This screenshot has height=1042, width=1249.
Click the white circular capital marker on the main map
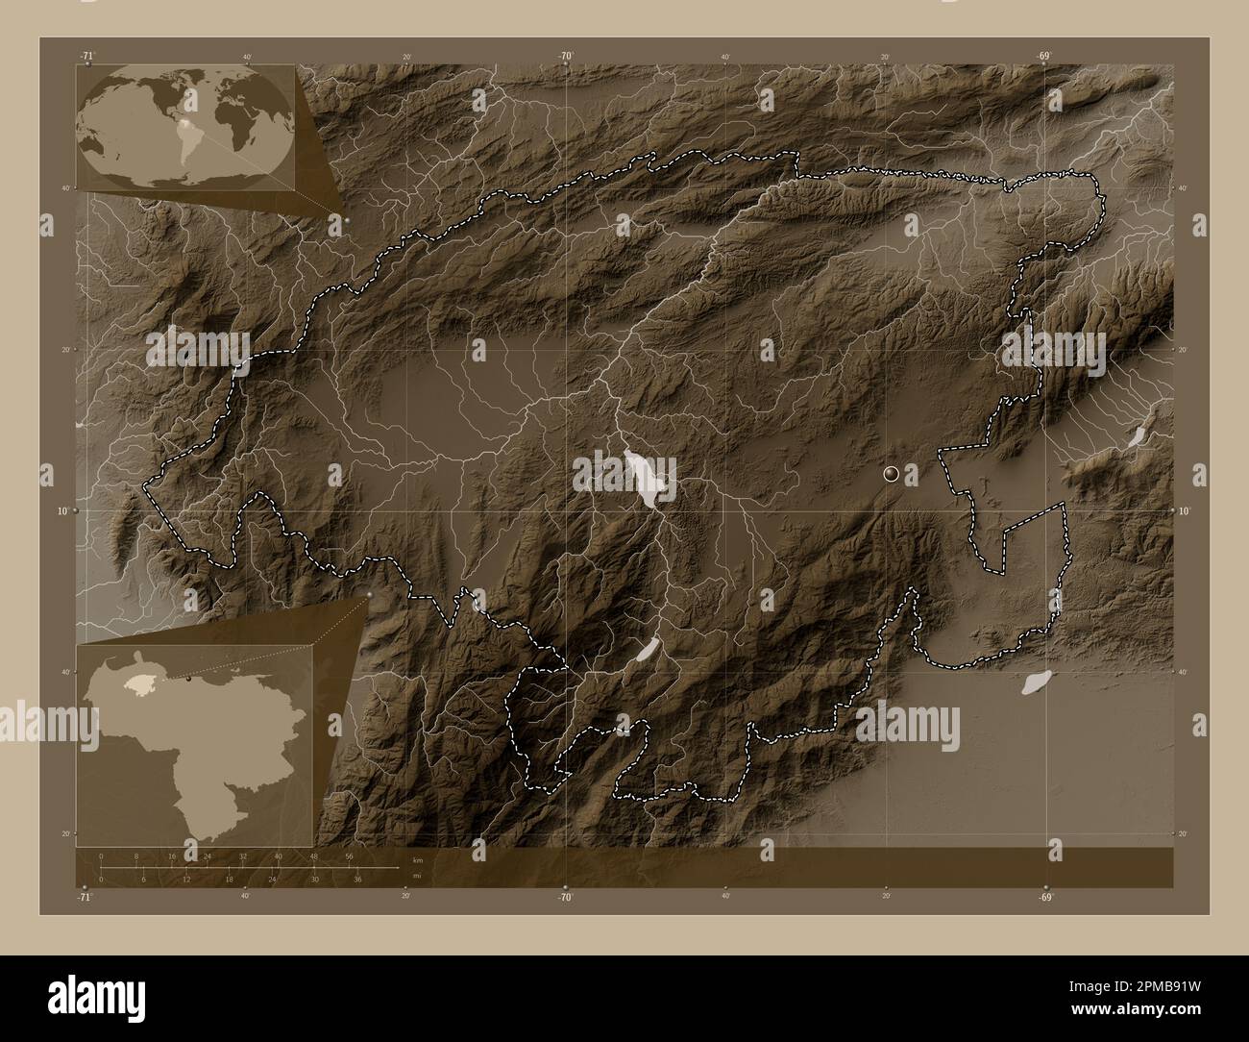click(x=892, y=473)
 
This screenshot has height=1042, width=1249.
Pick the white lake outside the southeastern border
click(x=1034, y=683)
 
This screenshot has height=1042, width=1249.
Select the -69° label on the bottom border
click(x=1045, y=897)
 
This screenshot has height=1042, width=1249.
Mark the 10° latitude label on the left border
click(x=61, y=511)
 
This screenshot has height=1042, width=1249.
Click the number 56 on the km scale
click(x=350, y=856)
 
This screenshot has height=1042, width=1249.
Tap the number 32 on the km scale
click(x=243, y=856)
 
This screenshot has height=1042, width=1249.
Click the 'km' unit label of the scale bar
click(x=416, y=858)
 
